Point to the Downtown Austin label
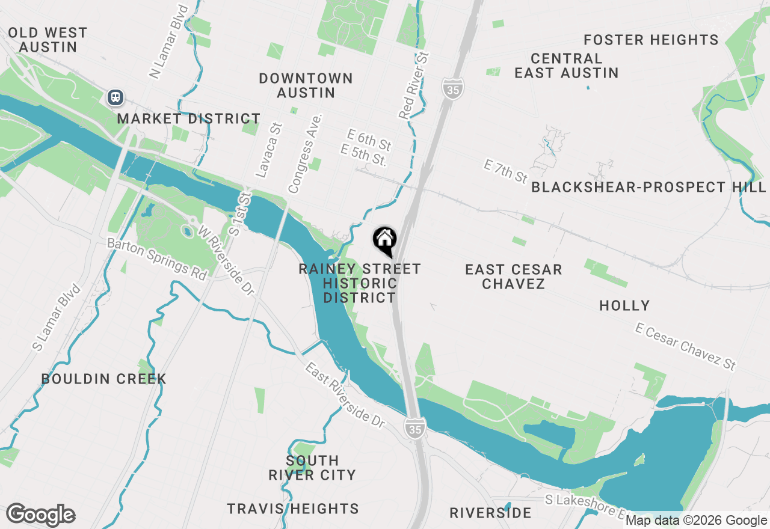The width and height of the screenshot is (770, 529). click(x=306, y=85)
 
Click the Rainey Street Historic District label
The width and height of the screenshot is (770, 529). click(x=360, y=283)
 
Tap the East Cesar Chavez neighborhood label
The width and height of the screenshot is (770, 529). click(x=513, y=277)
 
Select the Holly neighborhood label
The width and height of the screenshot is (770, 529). click(x=624, y=305)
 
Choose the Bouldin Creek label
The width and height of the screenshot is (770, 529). click(x=103, y=379)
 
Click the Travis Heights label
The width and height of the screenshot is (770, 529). click(x=293, y=509)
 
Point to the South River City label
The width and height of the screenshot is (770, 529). click(x=312, y=468)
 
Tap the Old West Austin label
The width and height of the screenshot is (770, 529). click(x=48, y=40)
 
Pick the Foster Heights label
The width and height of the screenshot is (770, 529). click(x=651, y=40)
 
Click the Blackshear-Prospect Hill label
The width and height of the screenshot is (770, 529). click(x=648, y=187)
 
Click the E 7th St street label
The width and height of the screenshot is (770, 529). click(x=505, y=171)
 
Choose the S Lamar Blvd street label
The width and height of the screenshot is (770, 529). click(x=57, y=317)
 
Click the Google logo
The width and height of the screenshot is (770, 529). click(x=41, y=515)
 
